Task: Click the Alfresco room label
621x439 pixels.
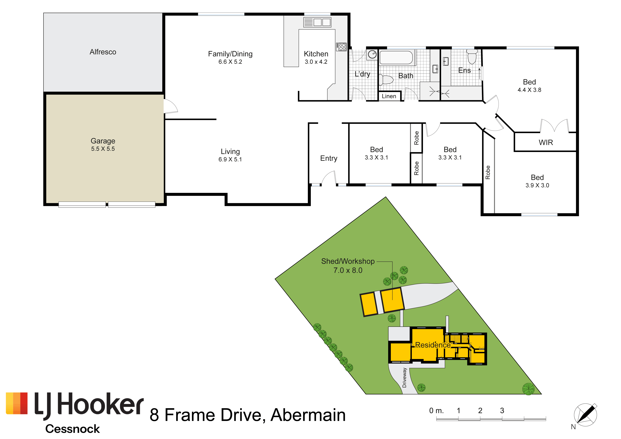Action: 103,52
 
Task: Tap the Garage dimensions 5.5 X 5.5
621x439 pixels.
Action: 103,149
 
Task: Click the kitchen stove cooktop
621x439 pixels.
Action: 341,47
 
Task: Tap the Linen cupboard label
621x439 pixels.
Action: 389,96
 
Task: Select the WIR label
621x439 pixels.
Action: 546,142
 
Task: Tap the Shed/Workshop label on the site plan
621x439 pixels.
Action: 348,261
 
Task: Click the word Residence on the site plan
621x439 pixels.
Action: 433,345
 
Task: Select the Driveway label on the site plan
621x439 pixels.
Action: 404,378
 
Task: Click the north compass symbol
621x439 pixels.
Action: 586,415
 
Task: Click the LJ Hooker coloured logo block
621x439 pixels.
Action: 17,403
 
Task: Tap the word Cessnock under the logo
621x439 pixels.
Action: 72,429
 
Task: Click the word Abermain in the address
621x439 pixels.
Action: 308,415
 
